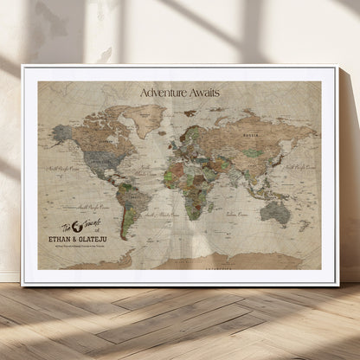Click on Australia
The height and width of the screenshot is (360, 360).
pyautogui.click(x=276, y=212)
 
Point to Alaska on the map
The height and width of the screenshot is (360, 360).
pyautogui.click(x=61, y=133)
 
